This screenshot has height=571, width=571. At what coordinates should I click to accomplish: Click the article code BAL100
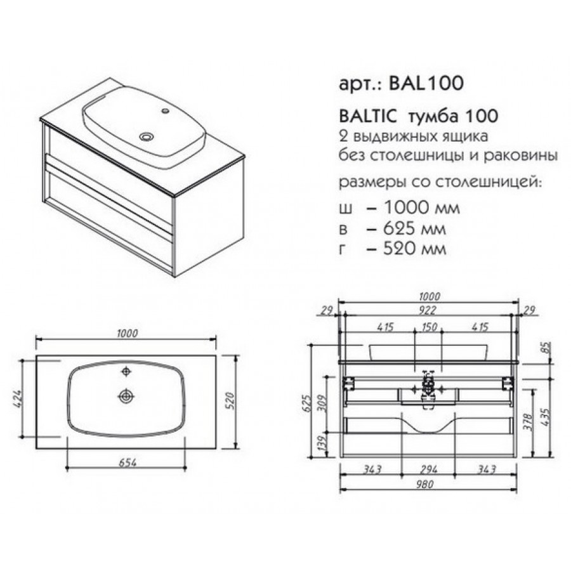(426, 83)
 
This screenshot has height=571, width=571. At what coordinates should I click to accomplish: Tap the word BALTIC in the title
(367, 116)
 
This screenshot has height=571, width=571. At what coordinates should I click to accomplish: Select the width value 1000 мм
(422, 208)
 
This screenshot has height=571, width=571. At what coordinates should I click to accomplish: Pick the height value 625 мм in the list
(415, 228)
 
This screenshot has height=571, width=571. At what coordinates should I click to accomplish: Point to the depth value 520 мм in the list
(415, 249)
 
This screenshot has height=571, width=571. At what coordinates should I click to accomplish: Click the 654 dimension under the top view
(128, 463)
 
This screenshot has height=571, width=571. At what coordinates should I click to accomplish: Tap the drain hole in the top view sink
(126, 395)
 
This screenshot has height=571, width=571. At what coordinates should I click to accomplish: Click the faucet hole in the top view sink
(126, 372)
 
